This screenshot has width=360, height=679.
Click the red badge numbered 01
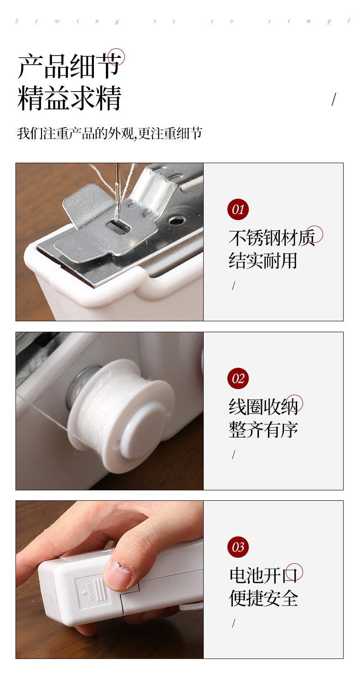[x=238, y=210]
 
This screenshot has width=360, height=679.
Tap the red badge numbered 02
[x=238, y=378]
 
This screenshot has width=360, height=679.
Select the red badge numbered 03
[x=238, y=547]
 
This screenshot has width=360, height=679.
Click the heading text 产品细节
[x=70, y=67]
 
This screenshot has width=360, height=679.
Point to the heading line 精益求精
[x=70, y=98]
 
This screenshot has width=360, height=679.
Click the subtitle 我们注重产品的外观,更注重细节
[x=109, y=134]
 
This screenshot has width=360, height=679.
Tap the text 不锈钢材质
[x=272, y=238]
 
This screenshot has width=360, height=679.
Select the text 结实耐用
[x=263, y=261]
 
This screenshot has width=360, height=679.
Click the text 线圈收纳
[x=263, y=406]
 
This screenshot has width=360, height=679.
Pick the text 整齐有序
[x=263, y=429]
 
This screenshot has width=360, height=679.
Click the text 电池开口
[x=263, y=575]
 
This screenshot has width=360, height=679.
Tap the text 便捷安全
[x=263, y=598]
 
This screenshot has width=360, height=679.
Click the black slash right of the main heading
[x=334, y=99]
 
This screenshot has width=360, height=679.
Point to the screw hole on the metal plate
[x=177, y=220]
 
